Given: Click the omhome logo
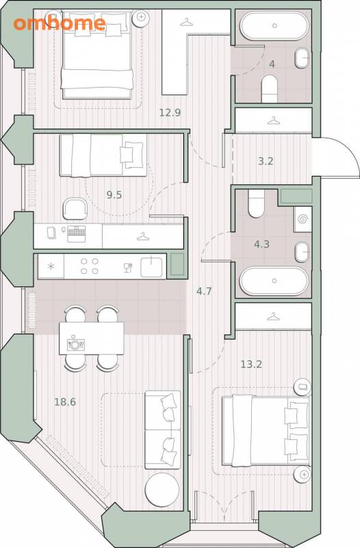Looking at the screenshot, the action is coord(60,23).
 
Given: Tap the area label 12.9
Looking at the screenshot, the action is coord(170,113).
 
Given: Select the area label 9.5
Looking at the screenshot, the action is coord(114,195).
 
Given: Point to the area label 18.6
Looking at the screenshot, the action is coord(65,402).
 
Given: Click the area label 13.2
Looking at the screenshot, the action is coord(251,364).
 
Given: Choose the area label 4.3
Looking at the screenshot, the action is coord(261,244).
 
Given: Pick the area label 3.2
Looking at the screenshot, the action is coord(266,162).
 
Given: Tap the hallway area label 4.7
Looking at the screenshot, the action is coord(204,290).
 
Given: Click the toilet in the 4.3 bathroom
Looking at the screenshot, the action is coord(256,203).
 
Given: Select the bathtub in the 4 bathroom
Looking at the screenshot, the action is coord(274,25).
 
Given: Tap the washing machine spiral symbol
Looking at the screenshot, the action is coord(303,219).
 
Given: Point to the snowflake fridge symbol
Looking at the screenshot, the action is coord(51,266).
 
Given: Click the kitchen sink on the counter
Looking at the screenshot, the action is coord(151,266).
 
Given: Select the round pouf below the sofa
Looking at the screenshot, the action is coord(162,489).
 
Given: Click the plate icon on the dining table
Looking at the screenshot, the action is coord(75,345).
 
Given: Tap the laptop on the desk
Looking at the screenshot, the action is coord(76,234).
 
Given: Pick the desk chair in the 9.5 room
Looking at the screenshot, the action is coord(75,209).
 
